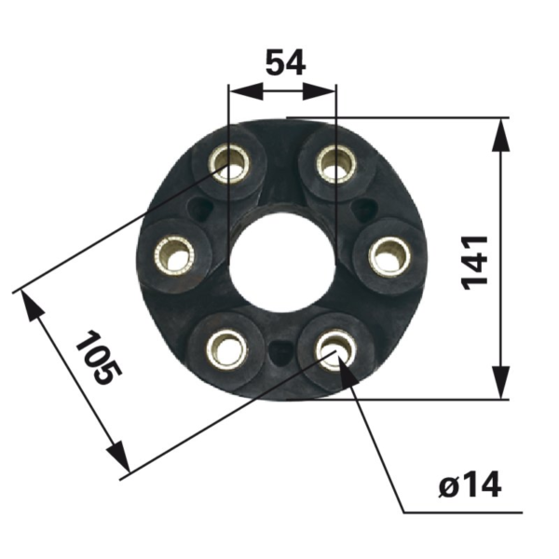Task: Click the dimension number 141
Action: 476,260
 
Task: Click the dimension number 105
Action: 99,359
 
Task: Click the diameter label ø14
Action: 469,484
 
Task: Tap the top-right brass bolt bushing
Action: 334,166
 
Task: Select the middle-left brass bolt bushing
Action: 175,252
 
